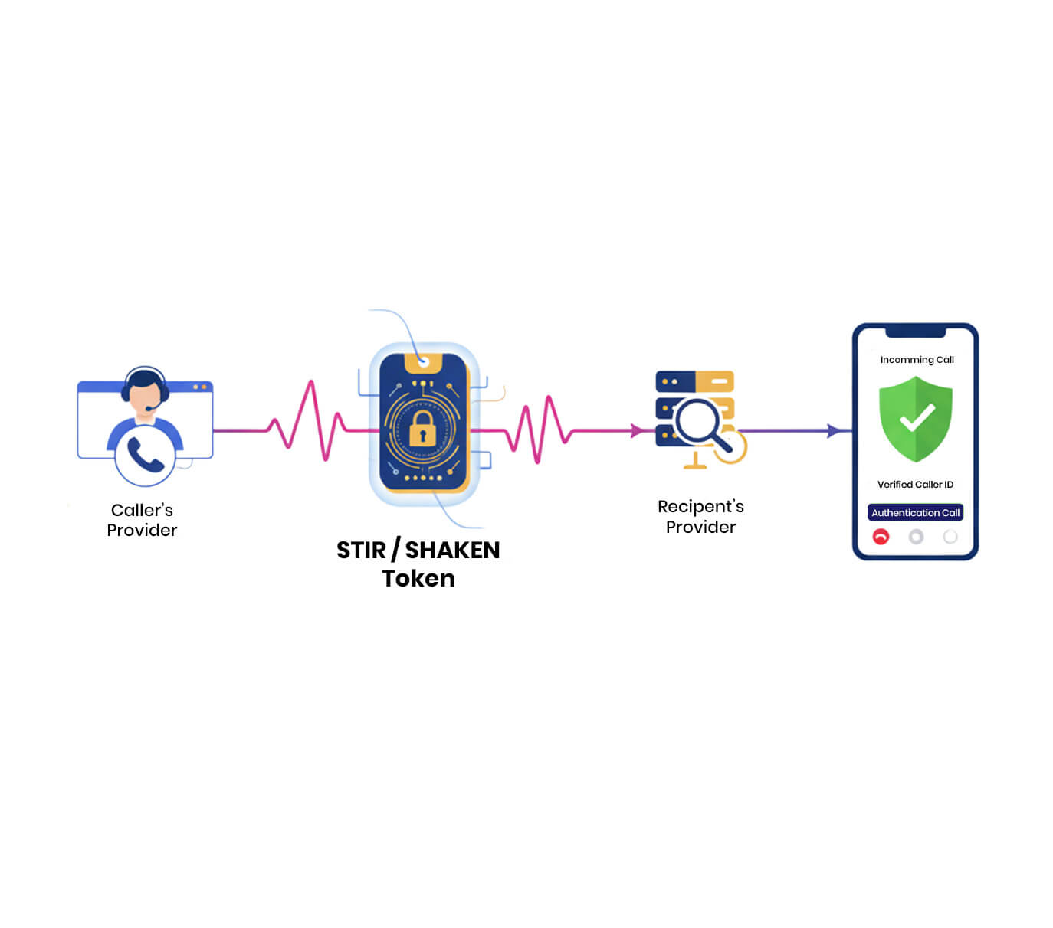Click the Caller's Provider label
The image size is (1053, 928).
pyautogui.click(x=142, y=520)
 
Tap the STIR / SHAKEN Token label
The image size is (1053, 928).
pyautogui.click(x=418, y=564)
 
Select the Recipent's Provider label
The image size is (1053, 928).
pyautogui.click(x=700, y=517)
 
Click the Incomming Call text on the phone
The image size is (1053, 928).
pyautogui.click(x=917, y=360)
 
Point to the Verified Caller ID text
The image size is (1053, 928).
pyautogui.click(x=915, y=485)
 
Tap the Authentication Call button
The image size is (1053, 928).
pyautogui.click(x=915, y=513)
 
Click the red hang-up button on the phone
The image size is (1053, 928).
pyautogui.click(x=881, y=537)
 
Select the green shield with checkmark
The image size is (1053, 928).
pyautogui.click(x=916, y=418)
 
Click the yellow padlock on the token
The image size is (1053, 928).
pyautogui.click(x=422, y=429)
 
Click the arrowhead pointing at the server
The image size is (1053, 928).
pyautogui.click(x=637, y=431)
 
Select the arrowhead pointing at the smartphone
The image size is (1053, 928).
pyautogui.click(x=834, y=431)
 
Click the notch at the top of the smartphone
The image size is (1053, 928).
pyautogui.click(x=915, y=332)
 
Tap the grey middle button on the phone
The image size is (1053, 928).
pyautogui.click(x=916, y=537)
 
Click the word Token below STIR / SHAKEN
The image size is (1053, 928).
pyautogui.click(x=418, y=579)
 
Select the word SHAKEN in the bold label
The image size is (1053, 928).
pyautogui.click(x=452, y=551)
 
